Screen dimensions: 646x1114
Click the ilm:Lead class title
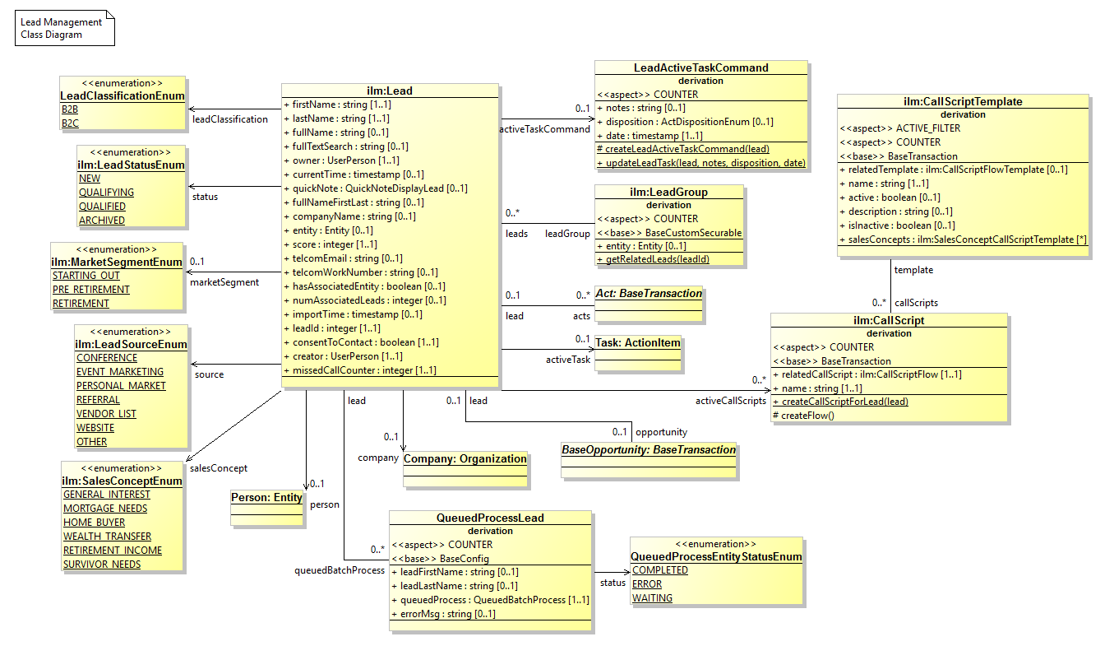(390, 91)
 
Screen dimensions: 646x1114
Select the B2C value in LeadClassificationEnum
(70, 123)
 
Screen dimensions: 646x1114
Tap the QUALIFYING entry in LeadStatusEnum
(106, 193)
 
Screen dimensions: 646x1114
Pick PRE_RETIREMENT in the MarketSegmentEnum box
(91, 290)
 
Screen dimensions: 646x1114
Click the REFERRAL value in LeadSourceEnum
(98, 400)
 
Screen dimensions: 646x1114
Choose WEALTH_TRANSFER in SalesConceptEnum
(107, 537)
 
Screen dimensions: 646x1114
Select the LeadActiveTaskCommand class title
(701, 67)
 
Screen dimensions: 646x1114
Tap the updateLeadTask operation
(701, 163)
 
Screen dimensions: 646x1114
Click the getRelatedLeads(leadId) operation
(657, 259)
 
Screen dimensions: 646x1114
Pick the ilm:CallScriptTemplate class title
(962, 101)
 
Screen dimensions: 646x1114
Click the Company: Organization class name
(465, 458)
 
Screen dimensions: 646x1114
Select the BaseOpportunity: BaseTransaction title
(649, 449)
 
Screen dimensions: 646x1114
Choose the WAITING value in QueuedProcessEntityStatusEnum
(652, 598)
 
